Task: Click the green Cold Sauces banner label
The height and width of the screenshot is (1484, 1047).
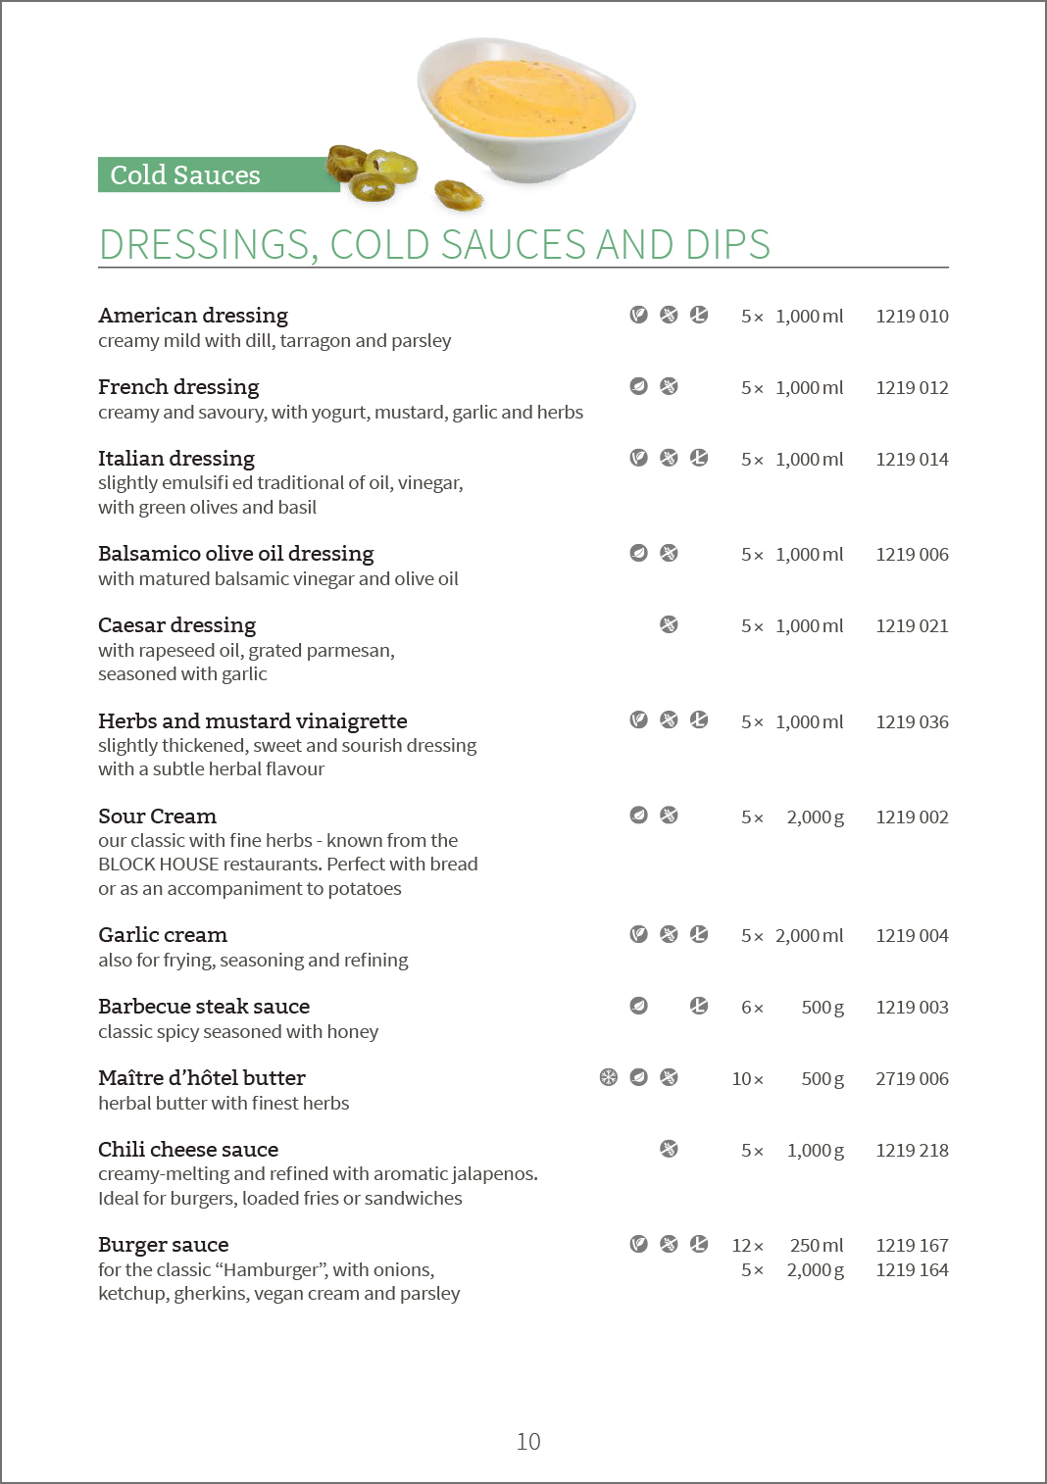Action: [x=185, y=174]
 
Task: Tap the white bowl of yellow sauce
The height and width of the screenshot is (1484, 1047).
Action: [x=526, y=108]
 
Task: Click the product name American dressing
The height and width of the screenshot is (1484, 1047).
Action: [x=193, y=316]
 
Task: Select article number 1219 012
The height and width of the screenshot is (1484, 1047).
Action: [x=912, y=388]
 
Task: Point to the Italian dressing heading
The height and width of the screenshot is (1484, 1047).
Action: [x=176, y=459]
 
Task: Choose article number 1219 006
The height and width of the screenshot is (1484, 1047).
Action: [x=912, y=555]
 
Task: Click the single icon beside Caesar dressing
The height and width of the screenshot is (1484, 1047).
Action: [x=669, y=625]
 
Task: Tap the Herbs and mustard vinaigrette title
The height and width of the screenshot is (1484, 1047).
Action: [x=253, y=721]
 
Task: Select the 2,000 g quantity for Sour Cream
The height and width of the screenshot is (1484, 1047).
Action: [x=815, y=817]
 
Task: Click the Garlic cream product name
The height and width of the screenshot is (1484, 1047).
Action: [x=163, y=935]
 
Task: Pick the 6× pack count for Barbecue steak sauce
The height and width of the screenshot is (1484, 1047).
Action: [x=752, y=1008]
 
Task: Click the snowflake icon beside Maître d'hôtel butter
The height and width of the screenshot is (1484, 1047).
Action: [x=609, y=1078]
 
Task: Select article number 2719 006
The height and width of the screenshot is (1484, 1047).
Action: [x=912, y=1079]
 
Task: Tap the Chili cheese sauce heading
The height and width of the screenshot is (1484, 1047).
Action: [x=188, y=1150]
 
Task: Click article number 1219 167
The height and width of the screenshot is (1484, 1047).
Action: [x=912, y=1246]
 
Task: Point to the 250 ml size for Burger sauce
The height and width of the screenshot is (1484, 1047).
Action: [x=817, y=1246]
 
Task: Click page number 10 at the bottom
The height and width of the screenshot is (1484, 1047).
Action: [x=528, y=1442]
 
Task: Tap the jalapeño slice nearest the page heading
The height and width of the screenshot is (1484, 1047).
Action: [x=458, y=195]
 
